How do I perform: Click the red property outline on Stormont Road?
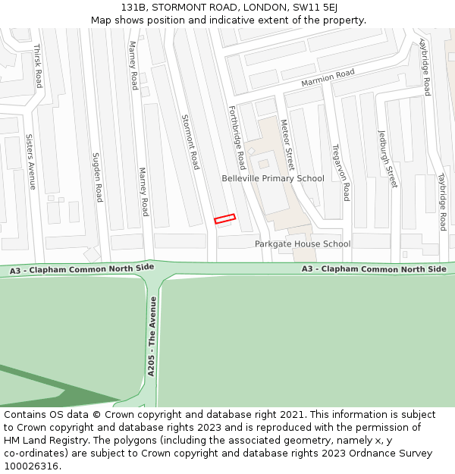click(224, 219)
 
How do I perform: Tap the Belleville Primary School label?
click(272, 178)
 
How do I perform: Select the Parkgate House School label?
click(302, 244)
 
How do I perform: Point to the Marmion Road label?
click(328, 77)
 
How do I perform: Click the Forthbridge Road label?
click(237, 137)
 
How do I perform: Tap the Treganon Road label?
click(340, 172)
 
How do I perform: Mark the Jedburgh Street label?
click(388, 159)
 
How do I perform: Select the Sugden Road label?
click(96, 177)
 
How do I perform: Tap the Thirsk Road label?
click(37, 65)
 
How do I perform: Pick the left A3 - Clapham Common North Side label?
click(82, 269)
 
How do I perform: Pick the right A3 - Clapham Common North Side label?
click(374, 269)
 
